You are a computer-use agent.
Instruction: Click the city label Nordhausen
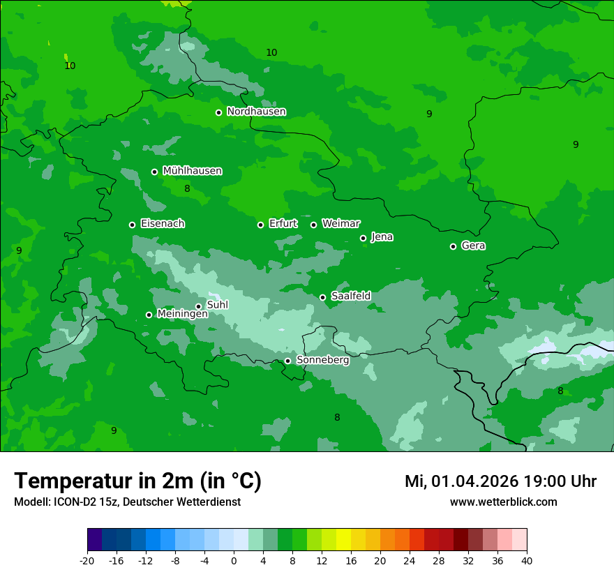(256, 112)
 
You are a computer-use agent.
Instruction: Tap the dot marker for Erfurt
(260, 225)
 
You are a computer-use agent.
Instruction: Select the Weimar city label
(340, 224)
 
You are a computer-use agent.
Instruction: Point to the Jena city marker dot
(363, 238)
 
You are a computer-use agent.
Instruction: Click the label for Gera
(473, 246)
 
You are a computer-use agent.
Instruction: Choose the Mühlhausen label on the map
(192, 171)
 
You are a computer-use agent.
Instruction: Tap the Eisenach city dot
(132, 225)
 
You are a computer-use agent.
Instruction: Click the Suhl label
(218, 305)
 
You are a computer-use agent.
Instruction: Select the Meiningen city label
(182, 314)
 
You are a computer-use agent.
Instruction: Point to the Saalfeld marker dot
(322, 297)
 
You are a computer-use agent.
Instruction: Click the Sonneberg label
(322, 360)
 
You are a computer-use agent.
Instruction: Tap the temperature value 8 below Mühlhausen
(187, 189)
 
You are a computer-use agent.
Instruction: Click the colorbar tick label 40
(526, 560)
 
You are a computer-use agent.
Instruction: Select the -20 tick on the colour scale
(87, 560)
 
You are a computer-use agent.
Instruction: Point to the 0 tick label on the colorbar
(234, 560)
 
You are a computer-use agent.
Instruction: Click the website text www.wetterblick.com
(503, 502)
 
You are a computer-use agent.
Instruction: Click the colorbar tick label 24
(410, 560)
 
